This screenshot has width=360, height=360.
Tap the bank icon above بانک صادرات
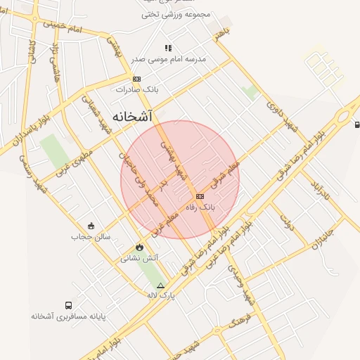(x=136, y=79)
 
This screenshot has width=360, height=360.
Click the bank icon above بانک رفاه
(x=200, y=196)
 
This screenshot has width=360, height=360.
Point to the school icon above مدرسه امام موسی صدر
(x=168, y=48)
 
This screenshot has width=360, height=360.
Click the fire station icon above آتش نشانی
(x=139, y=247)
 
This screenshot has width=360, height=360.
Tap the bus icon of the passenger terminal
(x=68, y=306)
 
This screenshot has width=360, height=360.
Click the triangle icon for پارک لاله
(x=160, y=285)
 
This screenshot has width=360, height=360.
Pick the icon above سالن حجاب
(x=91, y=226)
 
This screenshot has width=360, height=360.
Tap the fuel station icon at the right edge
(x=357, y=124)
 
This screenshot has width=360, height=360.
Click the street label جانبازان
(x=324, y=239)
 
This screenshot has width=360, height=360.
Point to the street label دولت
(x=286, y=223)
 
